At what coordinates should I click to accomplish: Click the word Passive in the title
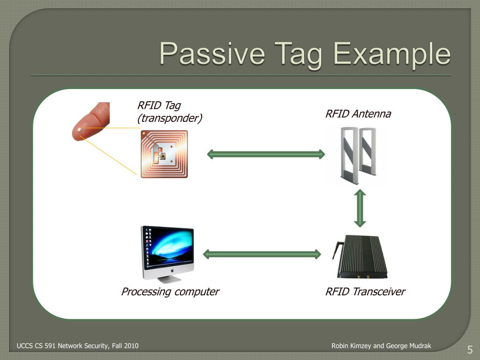click(x=212, y=53)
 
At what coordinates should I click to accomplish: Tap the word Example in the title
click(x=392, y=54)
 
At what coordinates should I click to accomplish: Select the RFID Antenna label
click(x=358, y=114)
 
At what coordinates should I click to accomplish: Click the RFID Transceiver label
click(x=365, y=292)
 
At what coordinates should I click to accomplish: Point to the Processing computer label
click(x=170, y=292)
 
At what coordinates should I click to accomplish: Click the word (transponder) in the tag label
click(x=170, y=118)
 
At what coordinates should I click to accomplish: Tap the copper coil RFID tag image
click(x=164, y=154)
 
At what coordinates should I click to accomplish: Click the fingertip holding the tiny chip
click(x=91, y=121)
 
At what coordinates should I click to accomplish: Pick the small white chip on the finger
click(x=80, y=129)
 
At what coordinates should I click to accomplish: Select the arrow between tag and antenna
click(x=266, y=154)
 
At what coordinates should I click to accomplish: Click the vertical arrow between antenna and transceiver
click(x=360, y=208)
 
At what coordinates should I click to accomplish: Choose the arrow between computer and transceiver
click(x=262, y=254)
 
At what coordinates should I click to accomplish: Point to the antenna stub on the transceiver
click(x=336, y=250)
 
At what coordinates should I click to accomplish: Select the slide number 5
click(x=470, y=350)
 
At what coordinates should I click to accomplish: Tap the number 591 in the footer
click(x=50, y=346)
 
